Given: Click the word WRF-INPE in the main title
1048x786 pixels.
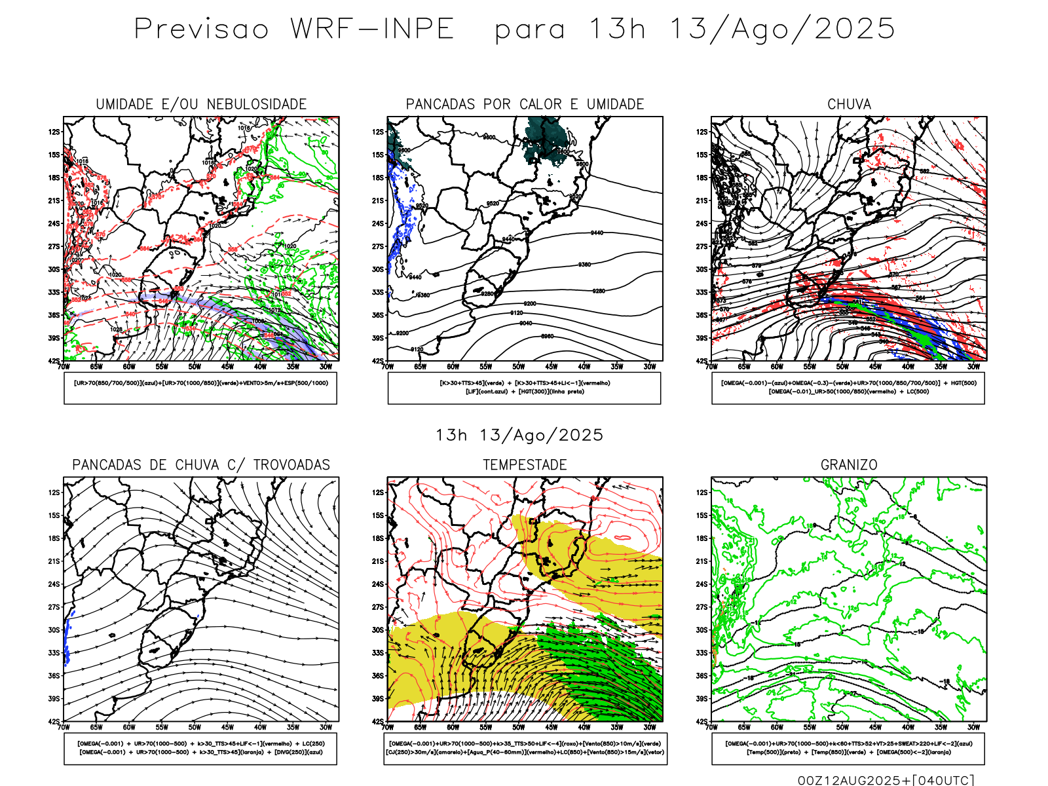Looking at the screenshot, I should click(372, 29).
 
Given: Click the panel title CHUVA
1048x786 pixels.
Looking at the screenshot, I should click(849, 104).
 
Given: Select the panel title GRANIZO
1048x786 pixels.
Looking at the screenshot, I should click(849, 465).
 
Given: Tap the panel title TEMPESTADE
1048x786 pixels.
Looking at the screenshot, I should click(525, 465).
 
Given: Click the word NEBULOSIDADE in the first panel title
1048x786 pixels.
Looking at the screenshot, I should click(257, 104).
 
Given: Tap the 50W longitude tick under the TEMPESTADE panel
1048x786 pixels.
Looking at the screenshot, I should click(519, 727).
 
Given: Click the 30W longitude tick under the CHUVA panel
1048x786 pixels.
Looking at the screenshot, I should click(973, 367).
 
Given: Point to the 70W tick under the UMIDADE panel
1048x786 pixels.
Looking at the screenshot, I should click(64, 367).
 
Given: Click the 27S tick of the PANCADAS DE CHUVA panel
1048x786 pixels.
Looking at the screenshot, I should click(54, 607).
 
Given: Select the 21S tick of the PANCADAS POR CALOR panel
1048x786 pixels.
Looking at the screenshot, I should click(378, 201).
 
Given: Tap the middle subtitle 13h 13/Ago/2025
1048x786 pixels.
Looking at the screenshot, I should click(519, 436).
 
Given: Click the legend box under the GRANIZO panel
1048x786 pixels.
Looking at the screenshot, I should click(848, 748).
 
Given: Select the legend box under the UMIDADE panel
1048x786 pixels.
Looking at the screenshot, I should click(200, 388).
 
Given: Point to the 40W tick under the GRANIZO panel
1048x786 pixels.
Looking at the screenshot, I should click(908, 727).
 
